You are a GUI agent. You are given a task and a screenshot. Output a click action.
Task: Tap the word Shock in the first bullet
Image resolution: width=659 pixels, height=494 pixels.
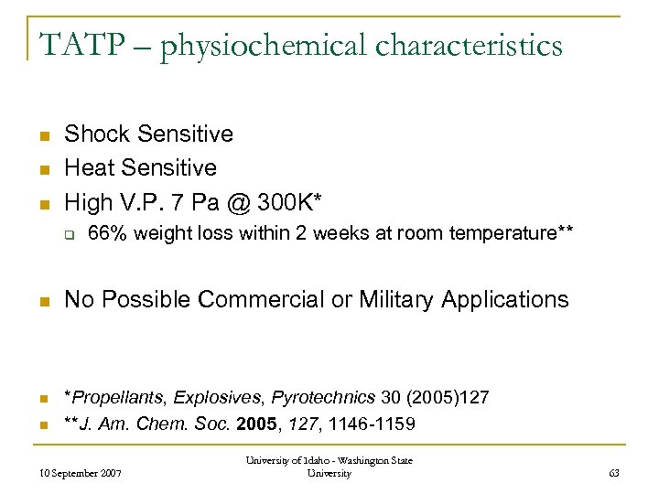tap(97, 134)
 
